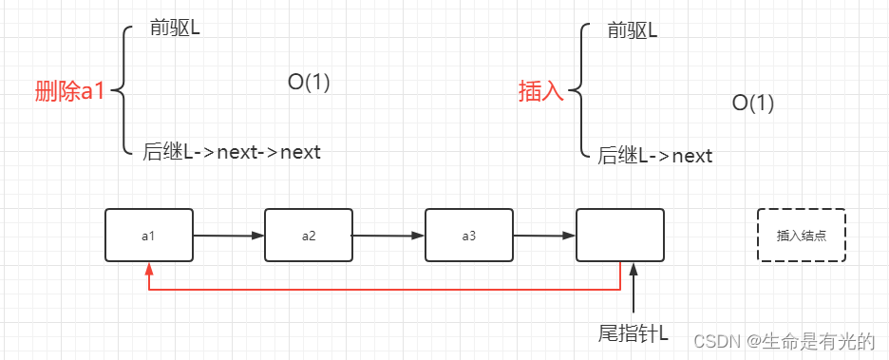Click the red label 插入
[540, 92]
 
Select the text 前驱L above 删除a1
[175, 27]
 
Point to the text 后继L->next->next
[232, 151]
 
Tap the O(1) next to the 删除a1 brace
[309, 83]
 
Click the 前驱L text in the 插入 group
[633, 31]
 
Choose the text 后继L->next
[655, 156]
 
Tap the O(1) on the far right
[753, 104]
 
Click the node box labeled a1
[149, 235]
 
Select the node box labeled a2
[309, 235]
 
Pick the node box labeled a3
[468, 235]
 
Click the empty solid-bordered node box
[620, 235]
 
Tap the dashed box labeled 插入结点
[801, 235]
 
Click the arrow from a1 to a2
[229, 235]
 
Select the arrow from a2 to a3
[388, 235]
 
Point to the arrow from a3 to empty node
[544, 236]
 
